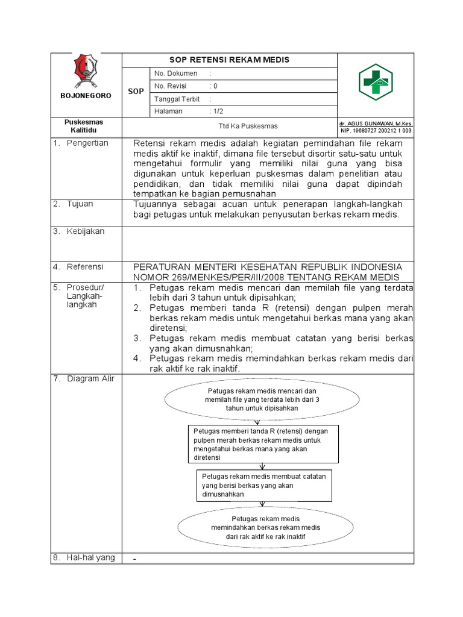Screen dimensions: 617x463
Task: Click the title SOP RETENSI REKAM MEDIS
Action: [228, 60]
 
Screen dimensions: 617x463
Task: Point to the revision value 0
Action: [215, 86]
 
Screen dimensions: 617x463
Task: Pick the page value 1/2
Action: [216, 111]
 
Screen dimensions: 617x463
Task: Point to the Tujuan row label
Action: [80, 204]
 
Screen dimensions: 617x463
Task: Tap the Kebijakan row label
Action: [86, 231]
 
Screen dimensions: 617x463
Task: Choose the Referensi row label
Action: [85, 266]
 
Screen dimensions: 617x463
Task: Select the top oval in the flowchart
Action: [262, 399]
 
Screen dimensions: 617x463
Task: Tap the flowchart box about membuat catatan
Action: [264, 485]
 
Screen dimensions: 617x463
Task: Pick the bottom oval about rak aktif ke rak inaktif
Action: [266, 527]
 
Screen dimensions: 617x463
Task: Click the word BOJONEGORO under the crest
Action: [85, 95]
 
